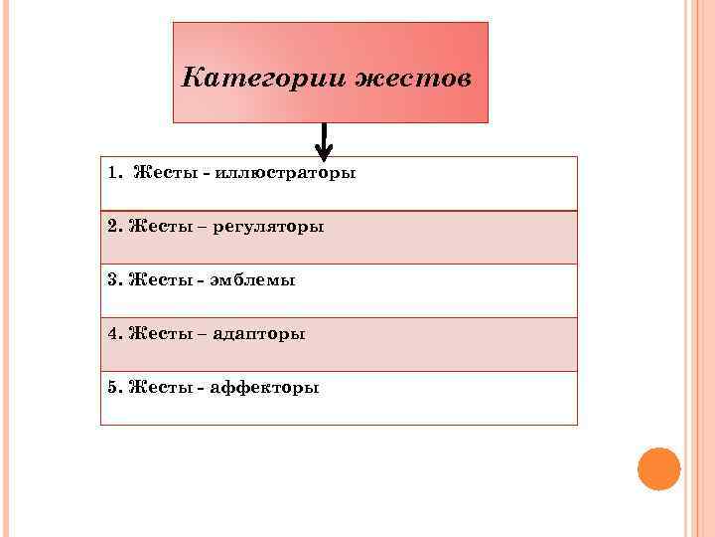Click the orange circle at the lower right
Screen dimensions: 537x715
[658, 468]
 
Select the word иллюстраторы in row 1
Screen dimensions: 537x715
[288, 173]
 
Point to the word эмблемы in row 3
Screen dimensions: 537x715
[254, 280]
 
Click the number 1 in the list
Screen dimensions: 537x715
[113, 173]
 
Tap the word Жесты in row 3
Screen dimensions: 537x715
[159, 280]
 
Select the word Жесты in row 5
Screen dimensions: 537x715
[159, 388]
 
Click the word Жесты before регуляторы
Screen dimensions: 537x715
[159, 227]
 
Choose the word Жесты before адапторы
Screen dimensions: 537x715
[159, 334]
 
